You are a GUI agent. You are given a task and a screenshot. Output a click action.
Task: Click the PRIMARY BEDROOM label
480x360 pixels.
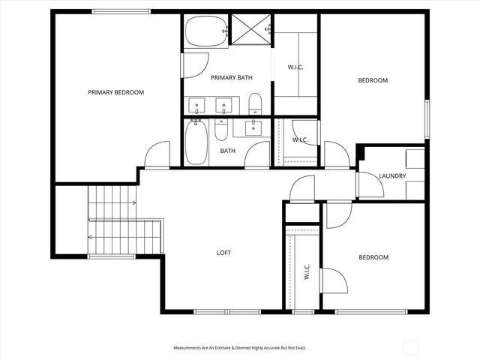(x=115, y=92)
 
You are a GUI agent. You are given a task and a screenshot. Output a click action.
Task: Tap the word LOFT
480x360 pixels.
(x=223, y=253)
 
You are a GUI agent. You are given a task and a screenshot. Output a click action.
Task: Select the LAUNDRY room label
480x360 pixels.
(x=392, y=176)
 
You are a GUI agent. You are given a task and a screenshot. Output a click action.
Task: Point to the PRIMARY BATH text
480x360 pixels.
(x=231, y=77)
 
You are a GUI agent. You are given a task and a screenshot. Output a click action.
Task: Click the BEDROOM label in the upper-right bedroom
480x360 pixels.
(x=373, y=80)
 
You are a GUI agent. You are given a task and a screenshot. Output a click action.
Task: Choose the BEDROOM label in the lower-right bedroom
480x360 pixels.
(x=373, y=257)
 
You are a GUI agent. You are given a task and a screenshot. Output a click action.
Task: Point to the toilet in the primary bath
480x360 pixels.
(x=255, y=103)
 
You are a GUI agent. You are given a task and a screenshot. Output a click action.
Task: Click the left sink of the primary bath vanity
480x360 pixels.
(x=196, y=105)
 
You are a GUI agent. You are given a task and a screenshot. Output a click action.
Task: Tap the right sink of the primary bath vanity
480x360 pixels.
(x=223, y=105)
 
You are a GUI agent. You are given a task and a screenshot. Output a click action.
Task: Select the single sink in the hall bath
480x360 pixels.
(x=253, y=127)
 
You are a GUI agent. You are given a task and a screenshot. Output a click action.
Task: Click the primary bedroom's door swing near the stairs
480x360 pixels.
(x=157, y=155)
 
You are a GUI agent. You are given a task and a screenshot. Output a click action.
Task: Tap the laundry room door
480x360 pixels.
(x=368, y=184)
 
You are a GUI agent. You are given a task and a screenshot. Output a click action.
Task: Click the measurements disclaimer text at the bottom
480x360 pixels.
(x=240, y=348)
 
